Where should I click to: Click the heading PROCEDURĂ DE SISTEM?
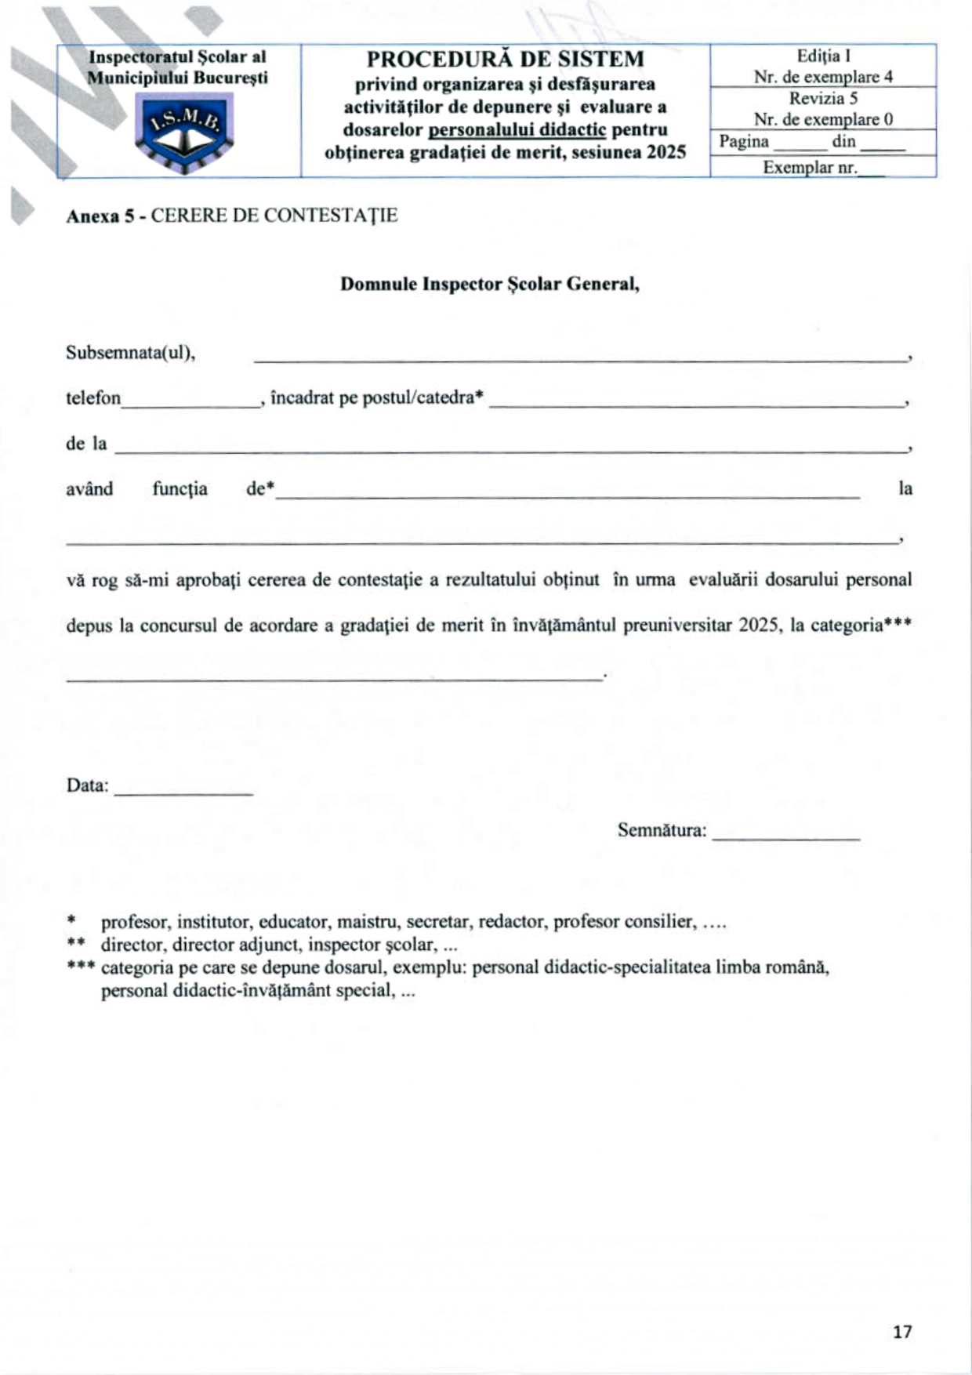point(506,60)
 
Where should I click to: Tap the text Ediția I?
point(823,56)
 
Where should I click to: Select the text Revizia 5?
point(823,99)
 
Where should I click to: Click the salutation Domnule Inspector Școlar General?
point(490,285)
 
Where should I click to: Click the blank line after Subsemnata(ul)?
point(580,358)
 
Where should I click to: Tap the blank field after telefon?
point(191,404)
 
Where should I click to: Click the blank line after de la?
point(510,449)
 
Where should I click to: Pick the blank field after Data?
point(183,792)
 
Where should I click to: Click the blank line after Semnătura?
point(785,836)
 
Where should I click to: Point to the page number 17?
point(902,1331)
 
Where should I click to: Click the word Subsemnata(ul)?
point(130,353)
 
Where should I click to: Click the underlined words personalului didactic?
point(517,130)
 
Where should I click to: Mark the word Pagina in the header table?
point(744,142)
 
